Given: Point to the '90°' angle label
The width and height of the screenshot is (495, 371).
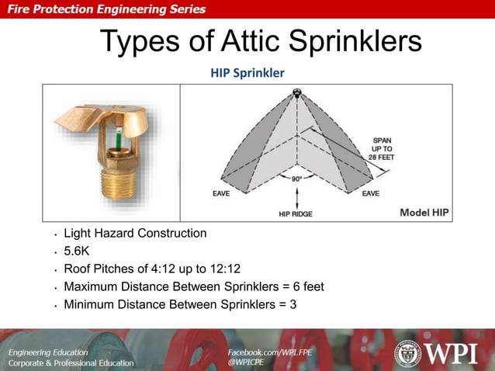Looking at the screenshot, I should coord(297,178).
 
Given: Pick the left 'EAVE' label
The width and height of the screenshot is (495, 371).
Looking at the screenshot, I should coord(221,193).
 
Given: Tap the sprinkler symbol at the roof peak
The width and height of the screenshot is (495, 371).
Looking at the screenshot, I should coord(296,93).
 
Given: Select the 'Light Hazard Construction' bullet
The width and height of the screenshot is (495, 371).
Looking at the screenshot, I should coord(135,233).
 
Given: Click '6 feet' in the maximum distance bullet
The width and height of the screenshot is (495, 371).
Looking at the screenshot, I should coord(304,286).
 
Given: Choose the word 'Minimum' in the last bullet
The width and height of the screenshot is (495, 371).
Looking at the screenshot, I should coord(88,304).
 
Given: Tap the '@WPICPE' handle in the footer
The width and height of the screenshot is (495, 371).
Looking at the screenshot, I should coord(246,362).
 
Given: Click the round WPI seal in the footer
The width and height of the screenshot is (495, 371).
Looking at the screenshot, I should coord(407,353).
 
